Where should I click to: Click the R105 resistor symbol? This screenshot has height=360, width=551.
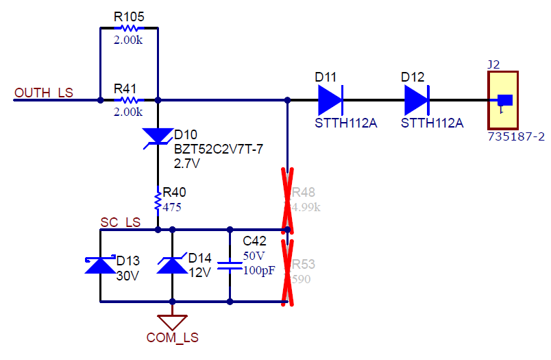129,28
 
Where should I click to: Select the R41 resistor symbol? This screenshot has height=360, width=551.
129,100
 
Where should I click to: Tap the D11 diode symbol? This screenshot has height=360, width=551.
330,101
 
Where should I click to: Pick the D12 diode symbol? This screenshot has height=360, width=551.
417,101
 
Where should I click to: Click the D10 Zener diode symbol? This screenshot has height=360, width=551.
158,136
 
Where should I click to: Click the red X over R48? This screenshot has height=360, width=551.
288,199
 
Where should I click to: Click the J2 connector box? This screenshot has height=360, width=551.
504,100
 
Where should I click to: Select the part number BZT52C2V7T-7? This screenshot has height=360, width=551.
219,149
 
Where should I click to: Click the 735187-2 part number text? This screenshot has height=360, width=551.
516,136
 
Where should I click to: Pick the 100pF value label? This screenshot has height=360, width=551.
259,270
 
